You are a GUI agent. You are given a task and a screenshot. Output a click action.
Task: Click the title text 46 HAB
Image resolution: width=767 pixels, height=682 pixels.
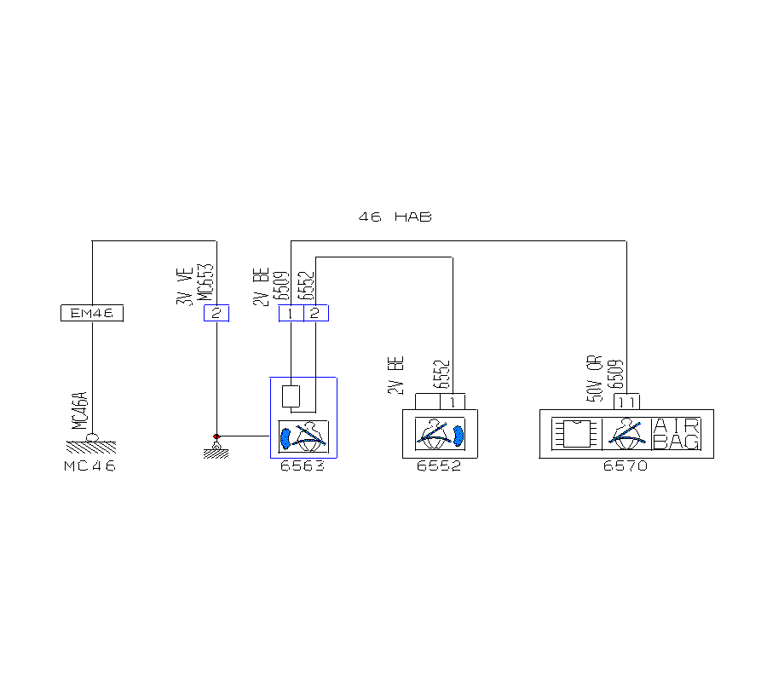pos(395,217)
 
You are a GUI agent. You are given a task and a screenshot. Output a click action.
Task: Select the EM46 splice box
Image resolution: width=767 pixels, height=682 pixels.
pos(92,314)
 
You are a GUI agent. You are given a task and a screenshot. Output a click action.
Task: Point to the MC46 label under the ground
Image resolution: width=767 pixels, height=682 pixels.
pos(89,466)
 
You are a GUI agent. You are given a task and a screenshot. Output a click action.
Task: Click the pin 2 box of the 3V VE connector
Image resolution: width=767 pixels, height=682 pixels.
pos(216,314)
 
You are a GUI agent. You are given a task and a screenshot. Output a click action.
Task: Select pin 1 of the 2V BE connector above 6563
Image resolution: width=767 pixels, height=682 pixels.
pos(291,314)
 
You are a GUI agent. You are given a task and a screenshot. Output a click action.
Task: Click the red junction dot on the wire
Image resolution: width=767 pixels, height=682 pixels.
pos(216,436)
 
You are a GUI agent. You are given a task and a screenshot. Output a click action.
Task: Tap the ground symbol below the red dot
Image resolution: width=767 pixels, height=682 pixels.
pos(216,450)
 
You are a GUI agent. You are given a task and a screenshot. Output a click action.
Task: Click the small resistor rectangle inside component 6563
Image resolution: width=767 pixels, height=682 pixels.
pos(291,396)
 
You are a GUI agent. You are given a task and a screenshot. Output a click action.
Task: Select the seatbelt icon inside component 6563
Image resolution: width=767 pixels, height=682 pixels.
pos(303,436)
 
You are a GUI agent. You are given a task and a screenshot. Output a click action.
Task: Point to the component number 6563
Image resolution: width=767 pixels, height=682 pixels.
pos(303,466)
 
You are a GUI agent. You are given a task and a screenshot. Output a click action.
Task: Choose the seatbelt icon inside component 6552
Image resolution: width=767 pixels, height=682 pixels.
pos(440,434)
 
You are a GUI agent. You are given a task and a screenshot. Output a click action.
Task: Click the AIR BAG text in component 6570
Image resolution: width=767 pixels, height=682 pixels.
pos(677,434)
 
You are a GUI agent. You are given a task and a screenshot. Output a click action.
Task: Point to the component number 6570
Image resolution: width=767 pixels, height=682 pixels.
pos(626,466)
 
